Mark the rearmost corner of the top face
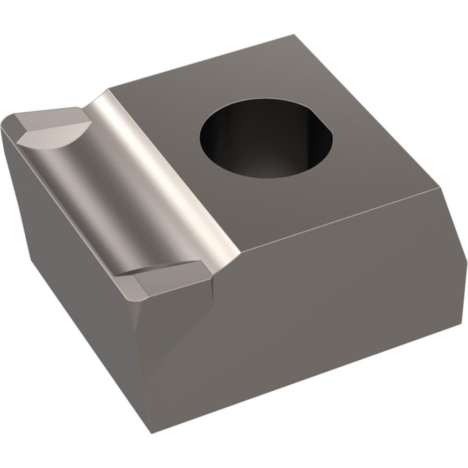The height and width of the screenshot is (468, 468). click(x=294, y=35)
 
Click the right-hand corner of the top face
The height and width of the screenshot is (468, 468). click(x=442, y=188)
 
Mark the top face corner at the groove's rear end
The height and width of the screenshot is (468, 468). click(x=109, y=89)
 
